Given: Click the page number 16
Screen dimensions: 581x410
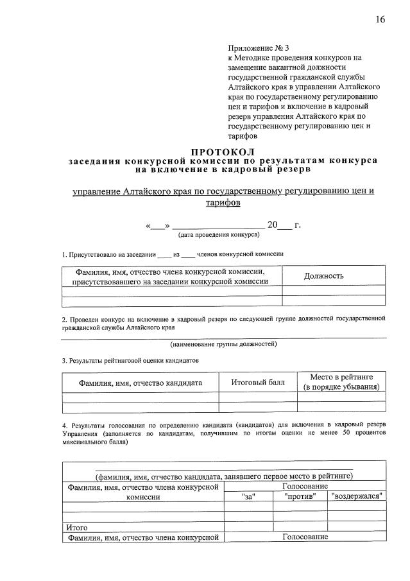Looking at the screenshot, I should [x=380, y=19].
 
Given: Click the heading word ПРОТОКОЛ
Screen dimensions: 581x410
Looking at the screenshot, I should [x=223, y=151].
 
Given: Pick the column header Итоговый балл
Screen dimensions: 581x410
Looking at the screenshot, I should [x=257, y=383].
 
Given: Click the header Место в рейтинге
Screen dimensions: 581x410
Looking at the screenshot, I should [x=342, y=376].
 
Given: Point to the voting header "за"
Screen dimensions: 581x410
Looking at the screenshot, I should [x=248, y=496].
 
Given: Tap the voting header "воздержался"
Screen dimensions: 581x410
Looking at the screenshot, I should [x=357, y=496].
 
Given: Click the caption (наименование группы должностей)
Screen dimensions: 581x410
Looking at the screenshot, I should [x=224, y=344].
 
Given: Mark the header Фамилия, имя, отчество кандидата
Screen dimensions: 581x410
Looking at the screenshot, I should [x=141, y=383].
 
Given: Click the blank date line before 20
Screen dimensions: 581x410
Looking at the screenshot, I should [x=218, y=226].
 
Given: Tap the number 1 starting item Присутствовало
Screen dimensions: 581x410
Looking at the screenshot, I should [x=64, y=254].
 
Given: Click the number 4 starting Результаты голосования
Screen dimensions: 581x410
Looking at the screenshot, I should [x=64, y=425].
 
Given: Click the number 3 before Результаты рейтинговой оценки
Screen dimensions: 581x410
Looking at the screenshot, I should [x=64, y=361].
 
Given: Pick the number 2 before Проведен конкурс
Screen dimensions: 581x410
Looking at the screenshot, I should [x=64, y=318].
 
